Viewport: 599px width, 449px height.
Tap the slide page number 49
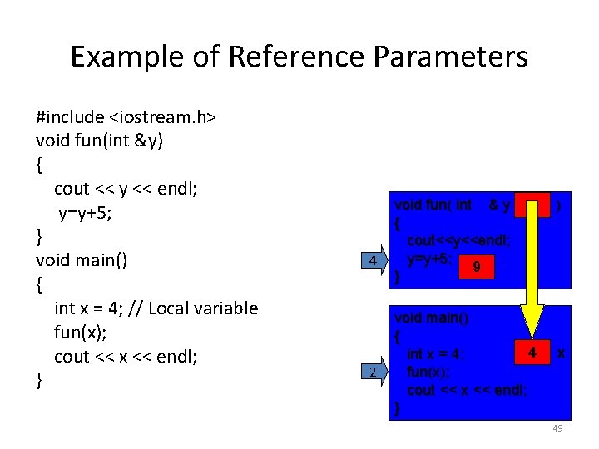557,428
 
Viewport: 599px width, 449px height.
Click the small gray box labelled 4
374,261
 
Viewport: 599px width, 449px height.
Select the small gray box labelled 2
374,372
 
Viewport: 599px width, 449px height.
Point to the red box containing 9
475,265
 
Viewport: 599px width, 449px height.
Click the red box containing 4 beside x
532,353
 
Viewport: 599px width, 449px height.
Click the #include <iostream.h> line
126,117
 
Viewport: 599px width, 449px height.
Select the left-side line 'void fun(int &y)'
100,141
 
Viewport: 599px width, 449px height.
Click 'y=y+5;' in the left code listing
93,213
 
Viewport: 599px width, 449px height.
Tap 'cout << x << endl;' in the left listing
126,356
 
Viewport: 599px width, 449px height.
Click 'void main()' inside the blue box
432,318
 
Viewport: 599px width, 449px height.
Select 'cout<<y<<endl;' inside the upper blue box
458,240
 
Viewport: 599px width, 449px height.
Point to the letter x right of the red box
562,353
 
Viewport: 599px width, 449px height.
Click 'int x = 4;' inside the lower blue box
435,355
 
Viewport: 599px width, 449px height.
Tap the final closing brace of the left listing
39,380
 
